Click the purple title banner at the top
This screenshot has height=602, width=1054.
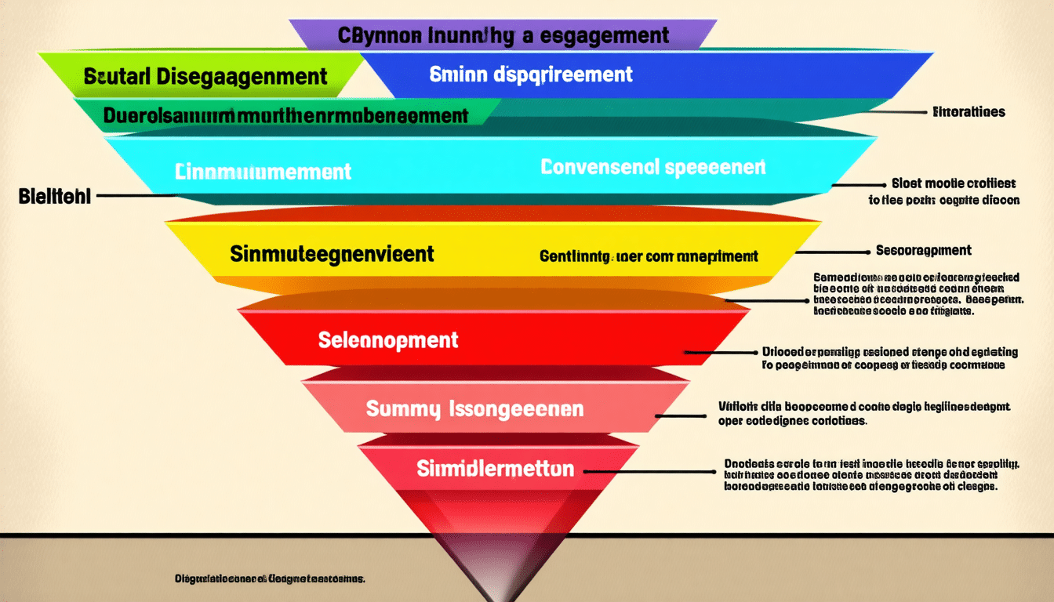pyautogui.click(x=503, y=35)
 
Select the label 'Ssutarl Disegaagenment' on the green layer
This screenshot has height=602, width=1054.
pyautogui.click(x=205, y=76)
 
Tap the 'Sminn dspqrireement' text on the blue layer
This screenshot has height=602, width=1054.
pyautogui.click(x=531, y=74)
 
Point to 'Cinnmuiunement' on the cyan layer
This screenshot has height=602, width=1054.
pyautogui.click(x=263, y=171)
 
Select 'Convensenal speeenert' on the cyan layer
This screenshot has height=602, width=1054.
pyautogui.click(x=652, y=167)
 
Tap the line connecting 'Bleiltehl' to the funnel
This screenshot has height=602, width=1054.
pyautogui.click(x=133, y=196)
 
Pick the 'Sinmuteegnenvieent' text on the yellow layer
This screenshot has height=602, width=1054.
pyautogui.click(x=332, y=253)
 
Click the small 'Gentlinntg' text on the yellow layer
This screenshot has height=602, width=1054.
pyautogui.click(x=648, y=256)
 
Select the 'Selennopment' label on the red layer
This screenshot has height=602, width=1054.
pyautogui.click(x=388, y=340)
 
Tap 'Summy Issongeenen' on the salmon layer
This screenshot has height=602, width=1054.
pyautogui.click(x=474, y=408)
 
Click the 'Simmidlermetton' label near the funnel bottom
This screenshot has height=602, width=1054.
pyautogui.click(x=495, y=470)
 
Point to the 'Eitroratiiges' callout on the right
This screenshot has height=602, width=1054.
pyautogui.click(x=969, y=112)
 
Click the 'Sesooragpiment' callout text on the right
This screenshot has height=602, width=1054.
pyautogui.click(x=923, y=251)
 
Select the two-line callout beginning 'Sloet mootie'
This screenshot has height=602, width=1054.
pyautogui.click(x=944, y=191)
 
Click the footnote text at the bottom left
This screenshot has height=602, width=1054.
pyautogui.click(x=270, y=579)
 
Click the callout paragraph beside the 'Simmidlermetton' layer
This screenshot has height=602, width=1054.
pyautogui.click(x=870, y=475)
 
